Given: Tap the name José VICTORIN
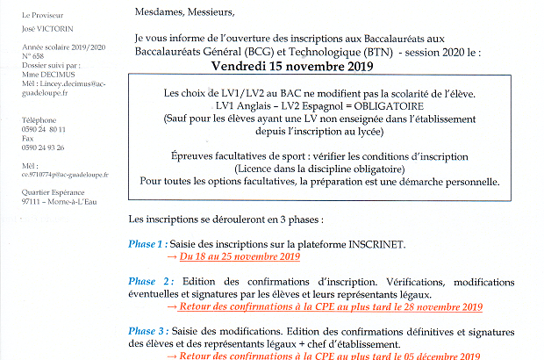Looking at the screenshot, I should tap(44, 29).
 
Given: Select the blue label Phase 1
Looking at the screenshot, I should tap(146, 244).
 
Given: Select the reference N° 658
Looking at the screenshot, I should tap(32, 57).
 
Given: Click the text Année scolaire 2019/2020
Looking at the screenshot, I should tap(55, 49).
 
